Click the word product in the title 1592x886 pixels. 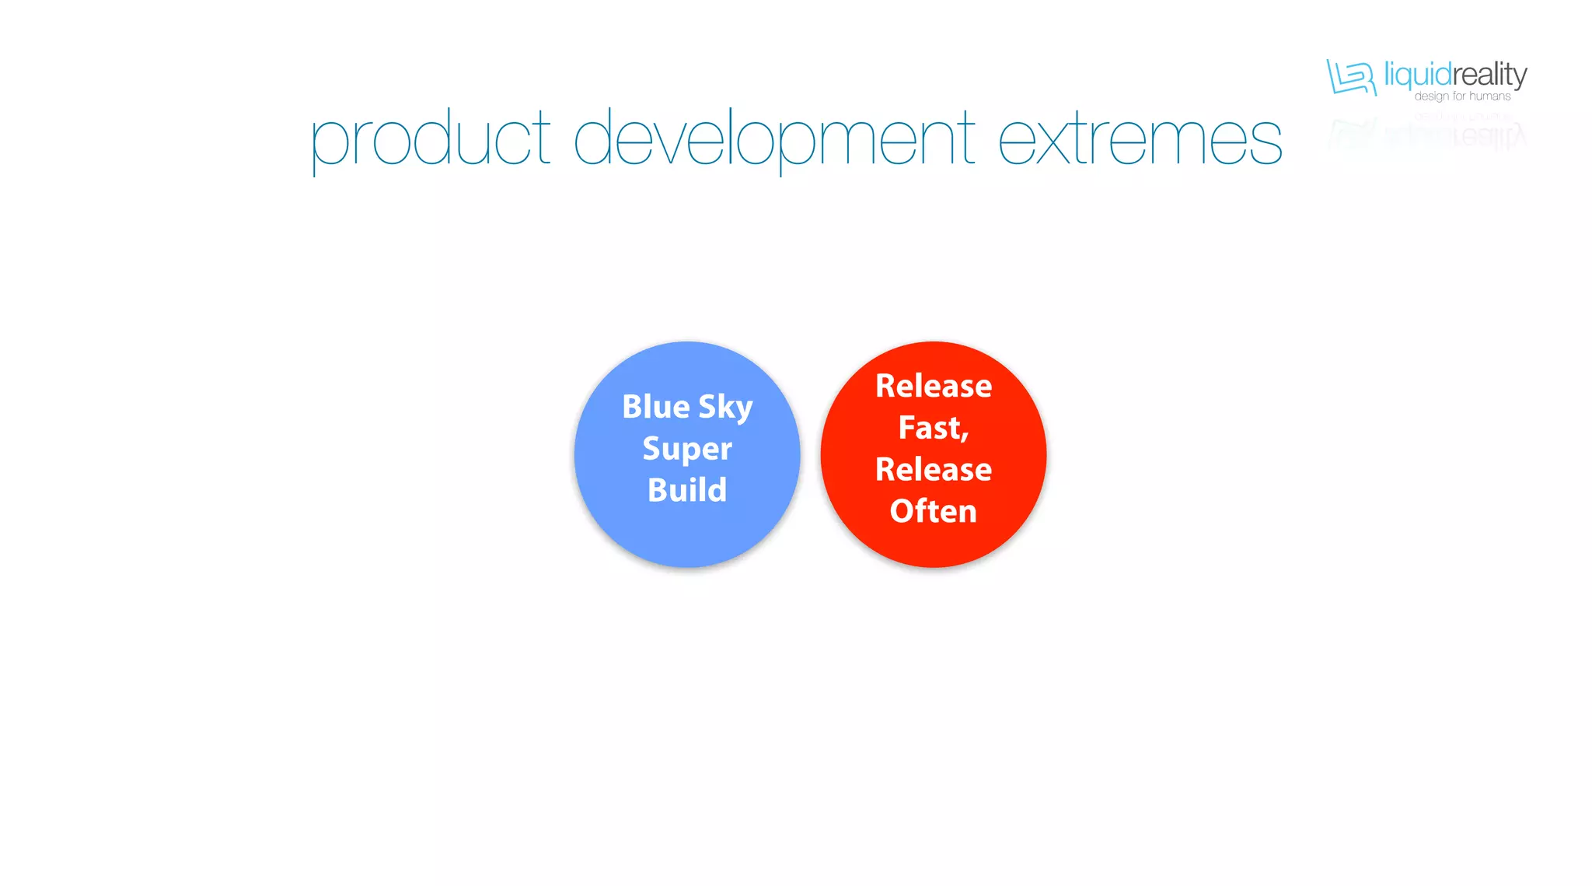click(x=430, y=141)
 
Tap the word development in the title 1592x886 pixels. click(x=773, y=141)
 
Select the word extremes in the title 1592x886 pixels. click(x=1140, y=141)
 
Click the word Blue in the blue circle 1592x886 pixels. click(x=655, y=407)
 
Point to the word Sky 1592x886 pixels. click(x=725, y=408)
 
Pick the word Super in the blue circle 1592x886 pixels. click(x=687, y=450)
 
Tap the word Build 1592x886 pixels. click(x=687, y=490)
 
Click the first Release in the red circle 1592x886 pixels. click(x=933, y=386)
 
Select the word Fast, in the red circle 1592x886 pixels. click(x=933, y=428)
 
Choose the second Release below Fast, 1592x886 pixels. click(x=933, y=469)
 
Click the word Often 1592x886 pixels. click(x=933, y=511)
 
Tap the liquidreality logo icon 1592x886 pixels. click(x=1351, y=78)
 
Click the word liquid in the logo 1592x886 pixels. click(x=1418, y=75)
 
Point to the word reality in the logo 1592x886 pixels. click(x=1489, y=75)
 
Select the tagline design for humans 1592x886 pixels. click(x=1462, y=96)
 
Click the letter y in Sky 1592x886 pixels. click(x=743, y=411)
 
